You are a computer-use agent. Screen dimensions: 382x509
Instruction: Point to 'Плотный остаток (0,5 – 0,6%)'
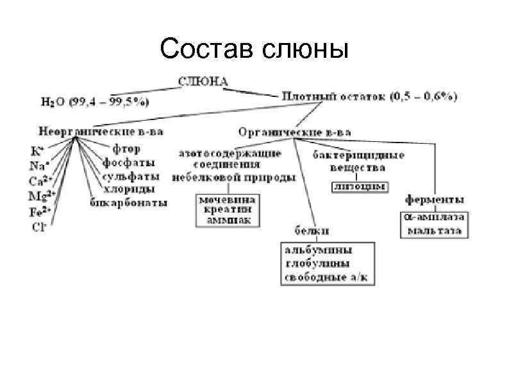(369, 97)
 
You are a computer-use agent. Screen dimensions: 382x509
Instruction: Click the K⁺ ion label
(37, 152)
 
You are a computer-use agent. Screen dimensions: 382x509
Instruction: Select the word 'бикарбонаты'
(129, 203)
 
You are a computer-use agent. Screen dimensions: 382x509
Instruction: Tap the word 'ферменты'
(436, 200)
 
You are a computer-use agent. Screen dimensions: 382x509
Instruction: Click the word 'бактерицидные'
(358, 155)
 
